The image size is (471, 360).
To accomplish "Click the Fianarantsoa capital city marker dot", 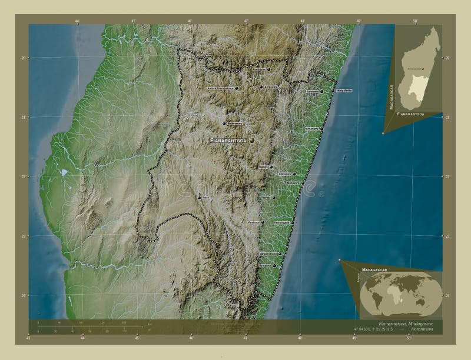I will click(x=251, y=141).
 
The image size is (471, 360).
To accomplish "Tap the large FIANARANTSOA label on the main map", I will click(x=229, y=141).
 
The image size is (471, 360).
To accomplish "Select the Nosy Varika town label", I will click(x=345, y=91).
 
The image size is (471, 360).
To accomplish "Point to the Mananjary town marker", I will click(x=321, y=128).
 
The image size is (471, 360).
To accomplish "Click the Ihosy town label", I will click(x=205, y=198).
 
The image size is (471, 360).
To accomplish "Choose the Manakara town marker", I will click(x=303, y=183).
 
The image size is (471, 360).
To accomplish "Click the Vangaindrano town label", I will click(x=268, y=255).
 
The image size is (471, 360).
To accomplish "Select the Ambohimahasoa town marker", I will click(x=224, y=124).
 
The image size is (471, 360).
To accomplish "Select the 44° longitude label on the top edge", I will click(x=78, y=21).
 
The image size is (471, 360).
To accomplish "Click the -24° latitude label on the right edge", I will click(x=447, y=295).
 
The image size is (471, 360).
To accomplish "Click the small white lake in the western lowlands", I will click(x=63, y=172).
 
